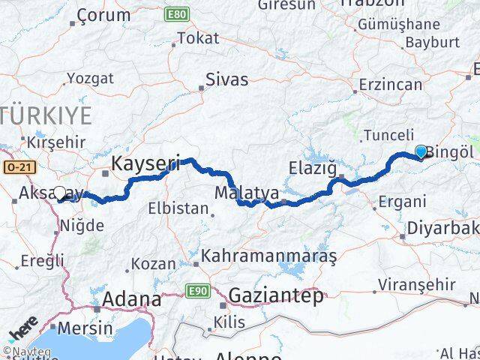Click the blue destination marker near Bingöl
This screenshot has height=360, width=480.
pyautogui.click(x=421, y=152)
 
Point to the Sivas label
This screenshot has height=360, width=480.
pyautogui.click(x=226, y=79)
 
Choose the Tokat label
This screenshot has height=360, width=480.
pyautogui.click(x=199, y=38)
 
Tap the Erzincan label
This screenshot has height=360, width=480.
pyautogui.click(x=391, y=84)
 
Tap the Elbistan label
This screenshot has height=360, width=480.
pyautogui.click(x=178, y=208)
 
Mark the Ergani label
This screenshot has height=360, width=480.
pyautogui.click(x=402, y=201)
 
